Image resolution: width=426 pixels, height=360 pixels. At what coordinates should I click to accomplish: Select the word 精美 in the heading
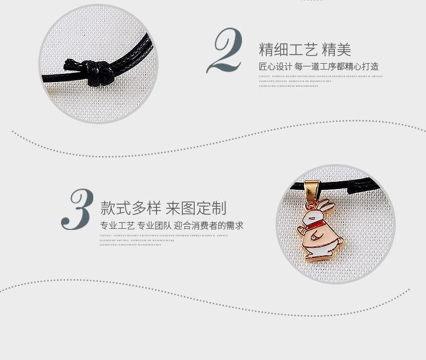point(336,50)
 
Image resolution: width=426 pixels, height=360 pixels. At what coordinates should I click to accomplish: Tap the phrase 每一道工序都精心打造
point(336,67)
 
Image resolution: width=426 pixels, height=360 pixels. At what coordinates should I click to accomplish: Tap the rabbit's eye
point(311,217)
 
